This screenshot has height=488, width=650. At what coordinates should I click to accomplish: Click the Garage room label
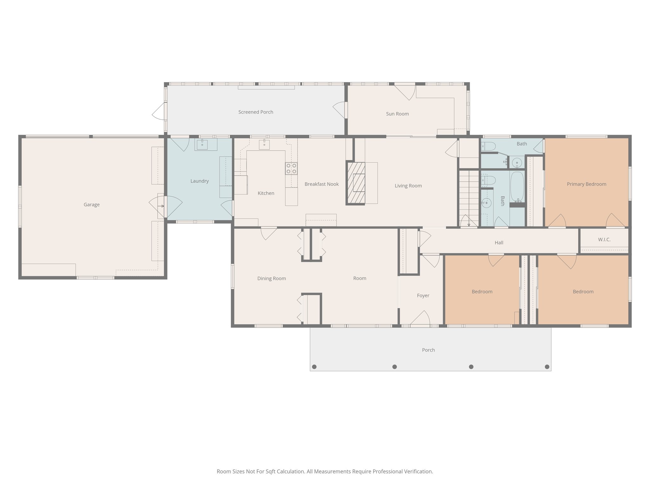[x=91, y=205]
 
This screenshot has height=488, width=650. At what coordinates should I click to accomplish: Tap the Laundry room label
[x=199, y=181]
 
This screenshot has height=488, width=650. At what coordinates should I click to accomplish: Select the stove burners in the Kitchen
[x=291, y=168]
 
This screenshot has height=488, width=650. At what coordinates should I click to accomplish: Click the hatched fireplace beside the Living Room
[x=355, y=183]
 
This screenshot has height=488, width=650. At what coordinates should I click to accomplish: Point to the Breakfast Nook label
[x=322, y=184]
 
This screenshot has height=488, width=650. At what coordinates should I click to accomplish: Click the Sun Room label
[x=397, y=114]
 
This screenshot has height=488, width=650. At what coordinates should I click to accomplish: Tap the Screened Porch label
[x=255, y=112]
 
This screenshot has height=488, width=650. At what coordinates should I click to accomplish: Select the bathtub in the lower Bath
[x=517, y=186]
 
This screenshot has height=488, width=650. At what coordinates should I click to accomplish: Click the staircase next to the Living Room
[x=469, y=197]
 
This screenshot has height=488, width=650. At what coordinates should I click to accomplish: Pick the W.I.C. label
[x=604, y=240]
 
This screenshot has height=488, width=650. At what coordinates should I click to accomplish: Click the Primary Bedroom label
[x=586, y=184]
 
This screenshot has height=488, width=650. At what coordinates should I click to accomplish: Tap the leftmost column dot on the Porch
[x=314, y=367]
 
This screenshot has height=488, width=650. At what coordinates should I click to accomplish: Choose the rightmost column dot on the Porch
[x=547, y=367]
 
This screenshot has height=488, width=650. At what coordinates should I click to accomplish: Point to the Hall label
[x=499, y=243]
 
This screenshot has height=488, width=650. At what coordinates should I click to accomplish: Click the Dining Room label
[x=271, y=278]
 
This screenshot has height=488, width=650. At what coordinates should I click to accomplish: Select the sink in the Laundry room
[x=202, y=145]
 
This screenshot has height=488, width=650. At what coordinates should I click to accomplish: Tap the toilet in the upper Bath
[x=489, y=146]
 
